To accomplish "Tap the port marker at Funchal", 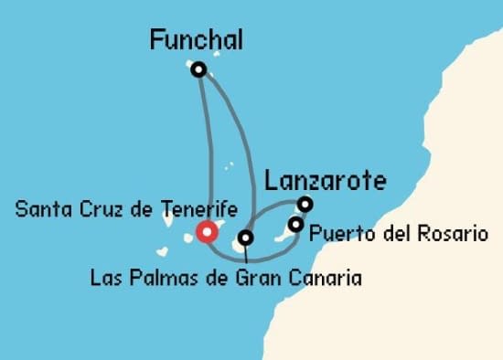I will (198, 68).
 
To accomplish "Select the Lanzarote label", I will (325, 180).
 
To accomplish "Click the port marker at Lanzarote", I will (305, 204).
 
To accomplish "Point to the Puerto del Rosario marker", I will (295, 224).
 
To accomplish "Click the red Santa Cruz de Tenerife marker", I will (207, 232).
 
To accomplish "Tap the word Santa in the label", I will (39, 208).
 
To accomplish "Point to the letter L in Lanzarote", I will (270, 180).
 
